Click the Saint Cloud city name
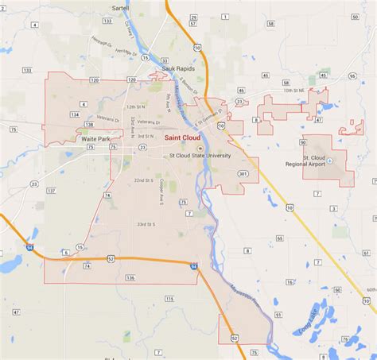[182, 138]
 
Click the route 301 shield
[243, 174]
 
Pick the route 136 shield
[130, 277]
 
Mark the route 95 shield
[352, 76]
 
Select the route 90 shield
[303, 142]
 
